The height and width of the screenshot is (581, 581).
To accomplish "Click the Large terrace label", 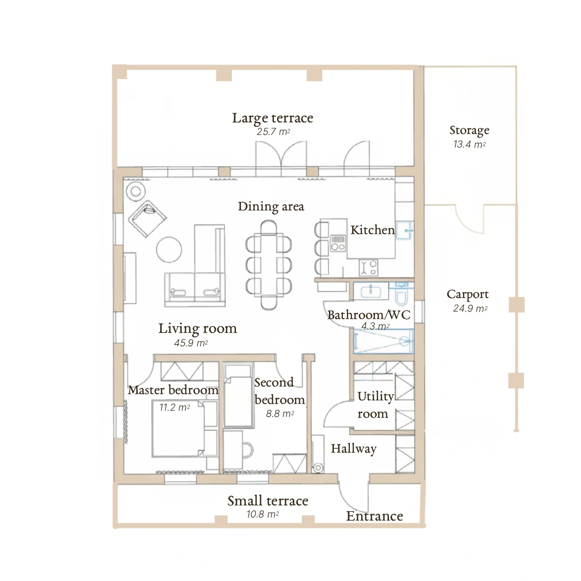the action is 272,118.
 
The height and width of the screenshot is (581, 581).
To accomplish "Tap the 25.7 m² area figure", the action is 273,132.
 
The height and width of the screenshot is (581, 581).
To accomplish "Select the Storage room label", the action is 469,130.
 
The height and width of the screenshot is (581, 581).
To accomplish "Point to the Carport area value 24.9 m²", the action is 470,308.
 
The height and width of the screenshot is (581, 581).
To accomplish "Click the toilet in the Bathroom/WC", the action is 401,293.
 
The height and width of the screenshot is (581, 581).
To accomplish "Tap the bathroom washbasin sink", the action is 370,291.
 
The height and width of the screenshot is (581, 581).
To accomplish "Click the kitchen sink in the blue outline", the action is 404,230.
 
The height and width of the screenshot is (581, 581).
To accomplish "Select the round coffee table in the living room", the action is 169,250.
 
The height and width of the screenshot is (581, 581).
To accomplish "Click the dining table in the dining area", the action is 269,265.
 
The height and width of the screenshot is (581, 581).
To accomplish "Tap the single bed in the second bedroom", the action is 238,395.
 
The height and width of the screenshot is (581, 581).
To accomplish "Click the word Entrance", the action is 374,516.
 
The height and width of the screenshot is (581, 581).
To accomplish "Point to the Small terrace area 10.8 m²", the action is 263,514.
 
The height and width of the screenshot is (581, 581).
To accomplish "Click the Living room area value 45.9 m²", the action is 191,343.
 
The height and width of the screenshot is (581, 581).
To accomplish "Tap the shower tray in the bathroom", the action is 383,341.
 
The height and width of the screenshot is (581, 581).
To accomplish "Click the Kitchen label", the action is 372,230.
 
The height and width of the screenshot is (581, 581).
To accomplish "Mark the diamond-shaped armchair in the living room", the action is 147,219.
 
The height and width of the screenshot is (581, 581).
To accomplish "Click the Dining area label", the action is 271,207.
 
